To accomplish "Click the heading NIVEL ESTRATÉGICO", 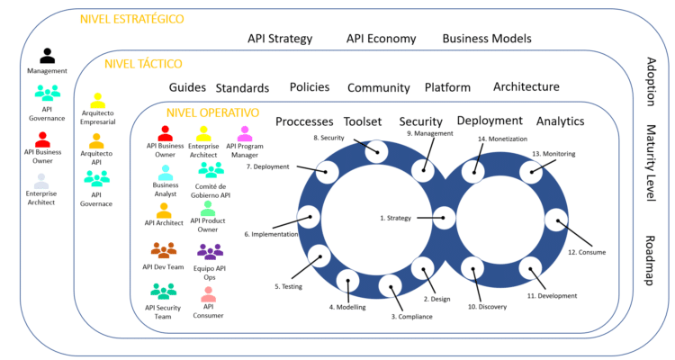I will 131,19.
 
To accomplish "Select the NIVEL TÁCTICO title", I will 143,64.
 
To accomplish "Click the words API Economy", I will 381,39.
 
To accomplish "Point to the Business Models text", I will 487,39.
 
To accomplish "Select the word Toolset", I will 363,121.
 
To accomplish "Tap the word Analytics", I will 560,121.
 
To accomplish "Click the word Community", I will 379,88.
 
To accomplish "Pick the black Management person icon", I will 47,57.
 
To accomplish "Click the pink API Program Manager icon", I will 244,134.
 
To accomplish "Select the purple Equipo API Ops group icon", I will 210,252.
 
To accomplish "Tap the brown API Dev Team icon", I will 164,250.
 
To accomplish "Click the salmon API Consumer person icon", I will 208,293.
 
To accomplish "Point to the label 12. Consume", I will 586,252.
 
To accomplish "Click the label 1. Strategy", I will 395,218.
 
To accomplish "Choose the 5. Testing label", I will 288,286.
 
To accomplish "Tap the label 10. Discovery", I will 487,307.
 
